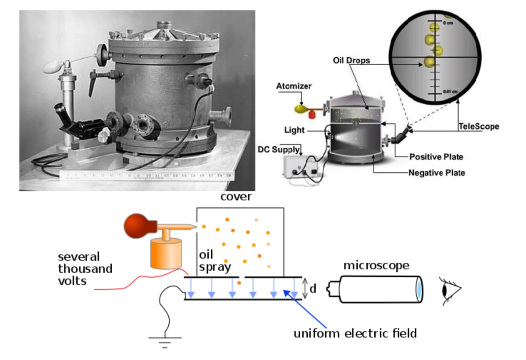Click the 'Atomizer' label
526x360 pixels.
pos(294,86)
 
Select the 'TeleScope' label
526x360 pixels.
pos(479,126)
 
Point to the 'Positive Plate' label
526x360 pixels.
pos(436,156)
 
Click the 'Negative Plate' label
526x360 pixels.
pos(437,173)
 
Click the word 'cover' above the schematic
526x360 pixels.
pos(236,197)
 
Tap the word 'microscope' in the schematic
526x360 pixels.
pos(376,265)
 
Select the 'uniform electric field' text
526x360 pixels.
pos(355,334)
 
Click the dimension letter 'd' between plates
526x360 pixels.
pos(313,289)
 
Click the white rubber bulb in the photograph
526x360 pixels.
pos(53,67)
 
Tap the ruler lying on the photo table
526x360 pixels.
pos(147,176)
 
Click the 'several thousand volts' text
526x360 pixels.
pos(85,268)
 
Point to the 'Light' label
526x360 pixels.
pos(294,130)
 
